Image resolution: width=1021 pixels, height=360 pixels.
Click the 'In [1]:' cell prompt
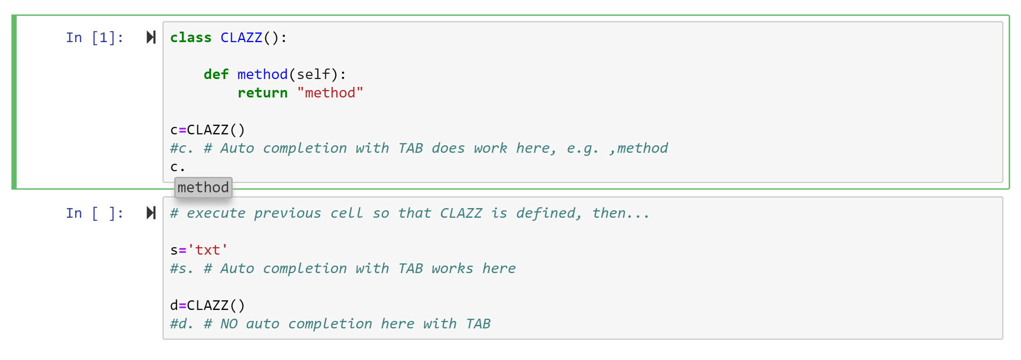pos(95,38)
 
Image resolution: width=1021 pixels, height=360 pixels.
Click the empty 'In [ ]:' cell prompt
pos(95,213)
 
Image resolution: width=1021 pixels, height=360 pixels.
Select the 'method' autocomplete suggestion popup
pos(203,188)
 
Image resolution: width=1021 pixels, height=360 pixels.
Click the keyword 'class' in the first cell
pos(191,38)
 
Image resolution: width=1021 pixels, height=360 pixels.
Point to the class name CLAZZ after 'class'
pos(241,38)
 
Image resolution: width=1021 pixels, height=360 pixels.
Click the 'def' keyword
pos(216,75)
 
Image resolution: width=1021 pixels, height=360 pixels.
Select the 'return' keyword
pos(262,93)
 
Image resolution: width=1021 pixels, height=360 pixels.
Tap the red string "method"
pos(330,93)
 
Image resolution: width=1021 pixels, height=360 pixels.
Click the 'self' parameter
pos(313,75)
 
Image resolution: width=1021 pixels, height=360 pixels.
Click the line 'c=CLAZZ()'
pos(207,130)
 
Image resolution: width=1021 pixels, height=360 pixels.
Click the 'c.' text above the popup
pos(177,167)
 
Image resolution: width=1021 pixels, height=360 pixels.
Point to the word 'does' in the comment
pos(448,148)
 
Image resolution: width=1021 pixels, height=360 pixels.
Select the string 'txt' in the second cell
pos(207,250)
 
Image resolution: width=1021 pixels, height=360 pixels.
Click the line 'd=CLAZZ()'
pos(207,306)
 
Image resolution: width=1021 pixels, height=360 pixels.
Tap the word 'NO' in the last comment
pos(229,324)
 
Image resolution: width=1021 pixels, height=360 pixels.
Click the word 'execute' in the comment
pos(216,213)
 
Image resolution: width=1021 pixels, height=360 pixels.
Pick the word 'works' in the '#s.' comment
pos(452,269)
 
